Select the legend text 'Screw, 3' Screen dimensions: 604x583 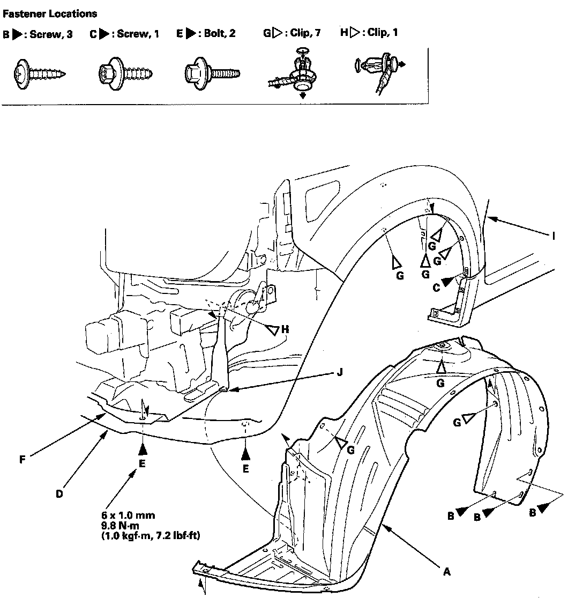tap(51, 34)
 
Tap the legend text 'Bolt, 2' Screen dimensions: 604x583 tap(220, 33)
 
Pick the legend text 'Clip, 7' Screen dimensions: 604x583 tap(306, 32)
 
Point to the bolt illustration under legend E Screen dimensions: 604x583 tap(211, 71)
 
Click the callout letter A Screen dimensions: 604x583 tap(447, 572)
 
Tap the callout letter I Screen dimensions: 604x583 tap(554, 235)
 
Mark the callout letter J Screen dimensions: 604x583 tap(339, 372)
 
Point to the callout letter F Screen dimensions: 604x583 tap(22, 460)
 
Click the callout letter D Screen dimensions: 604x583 tap(59, 494)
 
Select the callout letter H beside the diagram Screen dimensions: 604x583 tap(285, 329)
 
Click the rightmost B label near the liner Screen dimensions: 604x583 tap(532, 513)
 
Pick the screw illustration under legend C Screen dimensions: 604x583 tap(127, 71)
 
